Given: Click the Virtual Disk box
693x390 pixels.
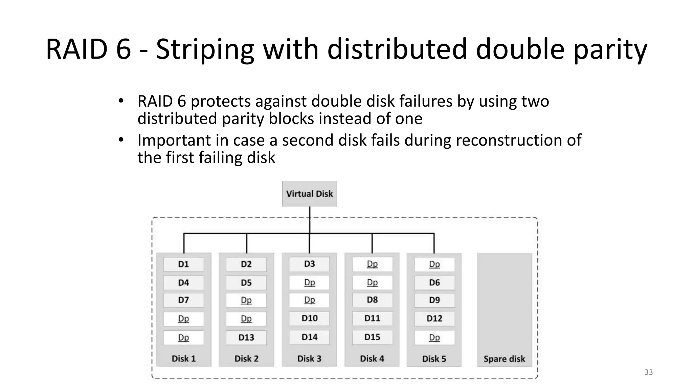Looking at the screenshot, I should click(x=309, y=194).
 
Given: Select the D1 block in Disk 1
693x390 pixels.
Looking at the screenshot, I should click(x=183, y=264).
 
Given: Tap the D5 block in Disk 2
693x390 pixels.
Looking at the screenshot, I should click(x=246, y=283).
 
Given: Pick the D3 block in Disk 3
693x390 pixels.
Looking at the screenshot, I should click(x=309, y=264).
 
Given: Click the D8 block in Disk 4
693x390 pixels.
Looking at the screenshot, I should click(x=372, y=300).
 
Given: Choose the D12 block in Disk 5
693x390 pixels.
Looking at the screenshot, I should click(x=434, y=319).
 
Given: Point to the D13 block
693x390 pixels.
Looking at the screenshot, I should click(x=246, y=337).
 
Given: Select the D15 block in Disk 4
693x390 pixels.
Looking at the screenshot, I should click(x=372, y=337).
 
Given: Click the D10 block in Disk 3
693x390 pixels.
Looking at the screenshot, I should click(x=309, y=318).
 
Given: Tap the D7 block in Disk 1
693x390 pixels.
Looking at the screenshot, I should click(x=183, y=300).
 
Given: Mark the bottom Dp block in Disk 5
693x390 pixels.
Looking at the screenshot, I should click(x=434, y=338).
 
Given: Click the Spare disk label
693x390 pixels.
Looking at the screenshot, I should click(x=504, y=359).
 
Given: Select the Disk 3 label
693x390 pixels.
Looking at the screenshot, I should click(x=309, y=359).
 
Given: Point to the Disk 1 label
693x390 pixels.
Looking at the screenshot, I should click(x=183, y=359).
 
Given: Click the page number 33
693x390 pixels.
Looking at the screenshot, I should click(x=648, y=372).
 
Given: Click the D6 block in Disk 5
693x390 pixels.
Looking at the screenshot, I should click(x=434, y=283).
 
